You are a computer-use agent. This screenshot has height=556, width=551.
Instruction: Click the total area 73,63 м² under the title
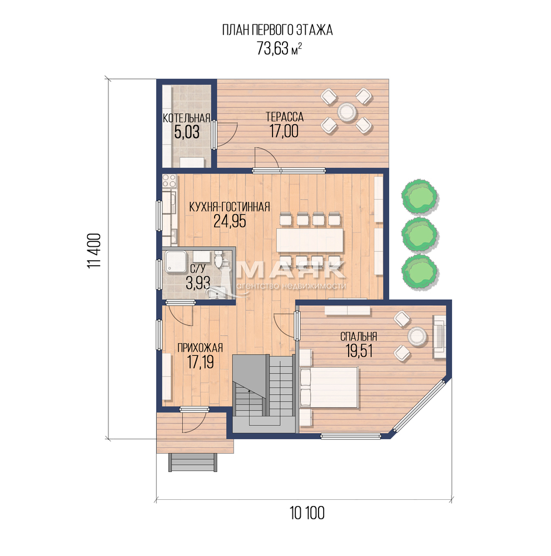click(x=279, y=48)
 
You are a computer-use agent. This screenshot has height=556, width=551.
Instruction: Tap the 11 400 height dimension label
click(x=95, y=251)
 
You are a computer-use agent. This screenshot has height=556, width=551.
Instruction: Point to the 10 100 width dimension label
click(x=307, y=513)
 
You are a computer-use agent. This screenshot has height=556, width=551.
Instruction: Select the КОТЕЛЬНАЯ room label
click(x=186, y=118)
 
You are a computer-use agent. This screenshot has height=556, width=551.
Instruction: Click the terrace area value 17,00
click(x=284, y=131)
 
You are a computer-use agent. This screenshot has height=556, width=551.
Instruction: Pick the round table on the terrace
click(x=346, y=111)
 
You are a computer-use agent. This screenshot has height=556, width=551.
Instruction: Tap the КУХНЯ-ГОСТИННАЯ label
click(x=230, y=207)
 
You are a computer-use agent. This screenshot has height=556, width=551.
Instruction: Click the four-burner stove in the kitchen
click(x=169, y=181)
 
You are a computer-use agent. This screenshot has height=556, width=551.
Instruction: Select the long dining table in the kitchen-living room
click(x=310, y=240)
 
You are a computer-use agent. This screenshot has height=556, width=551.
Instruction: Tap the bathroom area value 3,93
click(x=198, y=283)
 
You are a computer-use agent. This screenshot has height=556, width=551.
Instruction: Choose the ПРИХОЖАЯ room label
click(x=200, y=348)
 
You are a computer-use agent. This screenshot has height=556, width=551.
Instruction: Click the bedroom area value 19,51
click(x=359, y=351)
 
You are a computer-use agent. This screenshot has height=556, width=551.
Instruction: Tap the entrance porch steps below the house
click(x=192, y=463)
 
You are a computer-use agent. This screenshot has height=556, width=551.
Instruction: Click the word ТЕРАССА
click(x=284, y=117)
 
